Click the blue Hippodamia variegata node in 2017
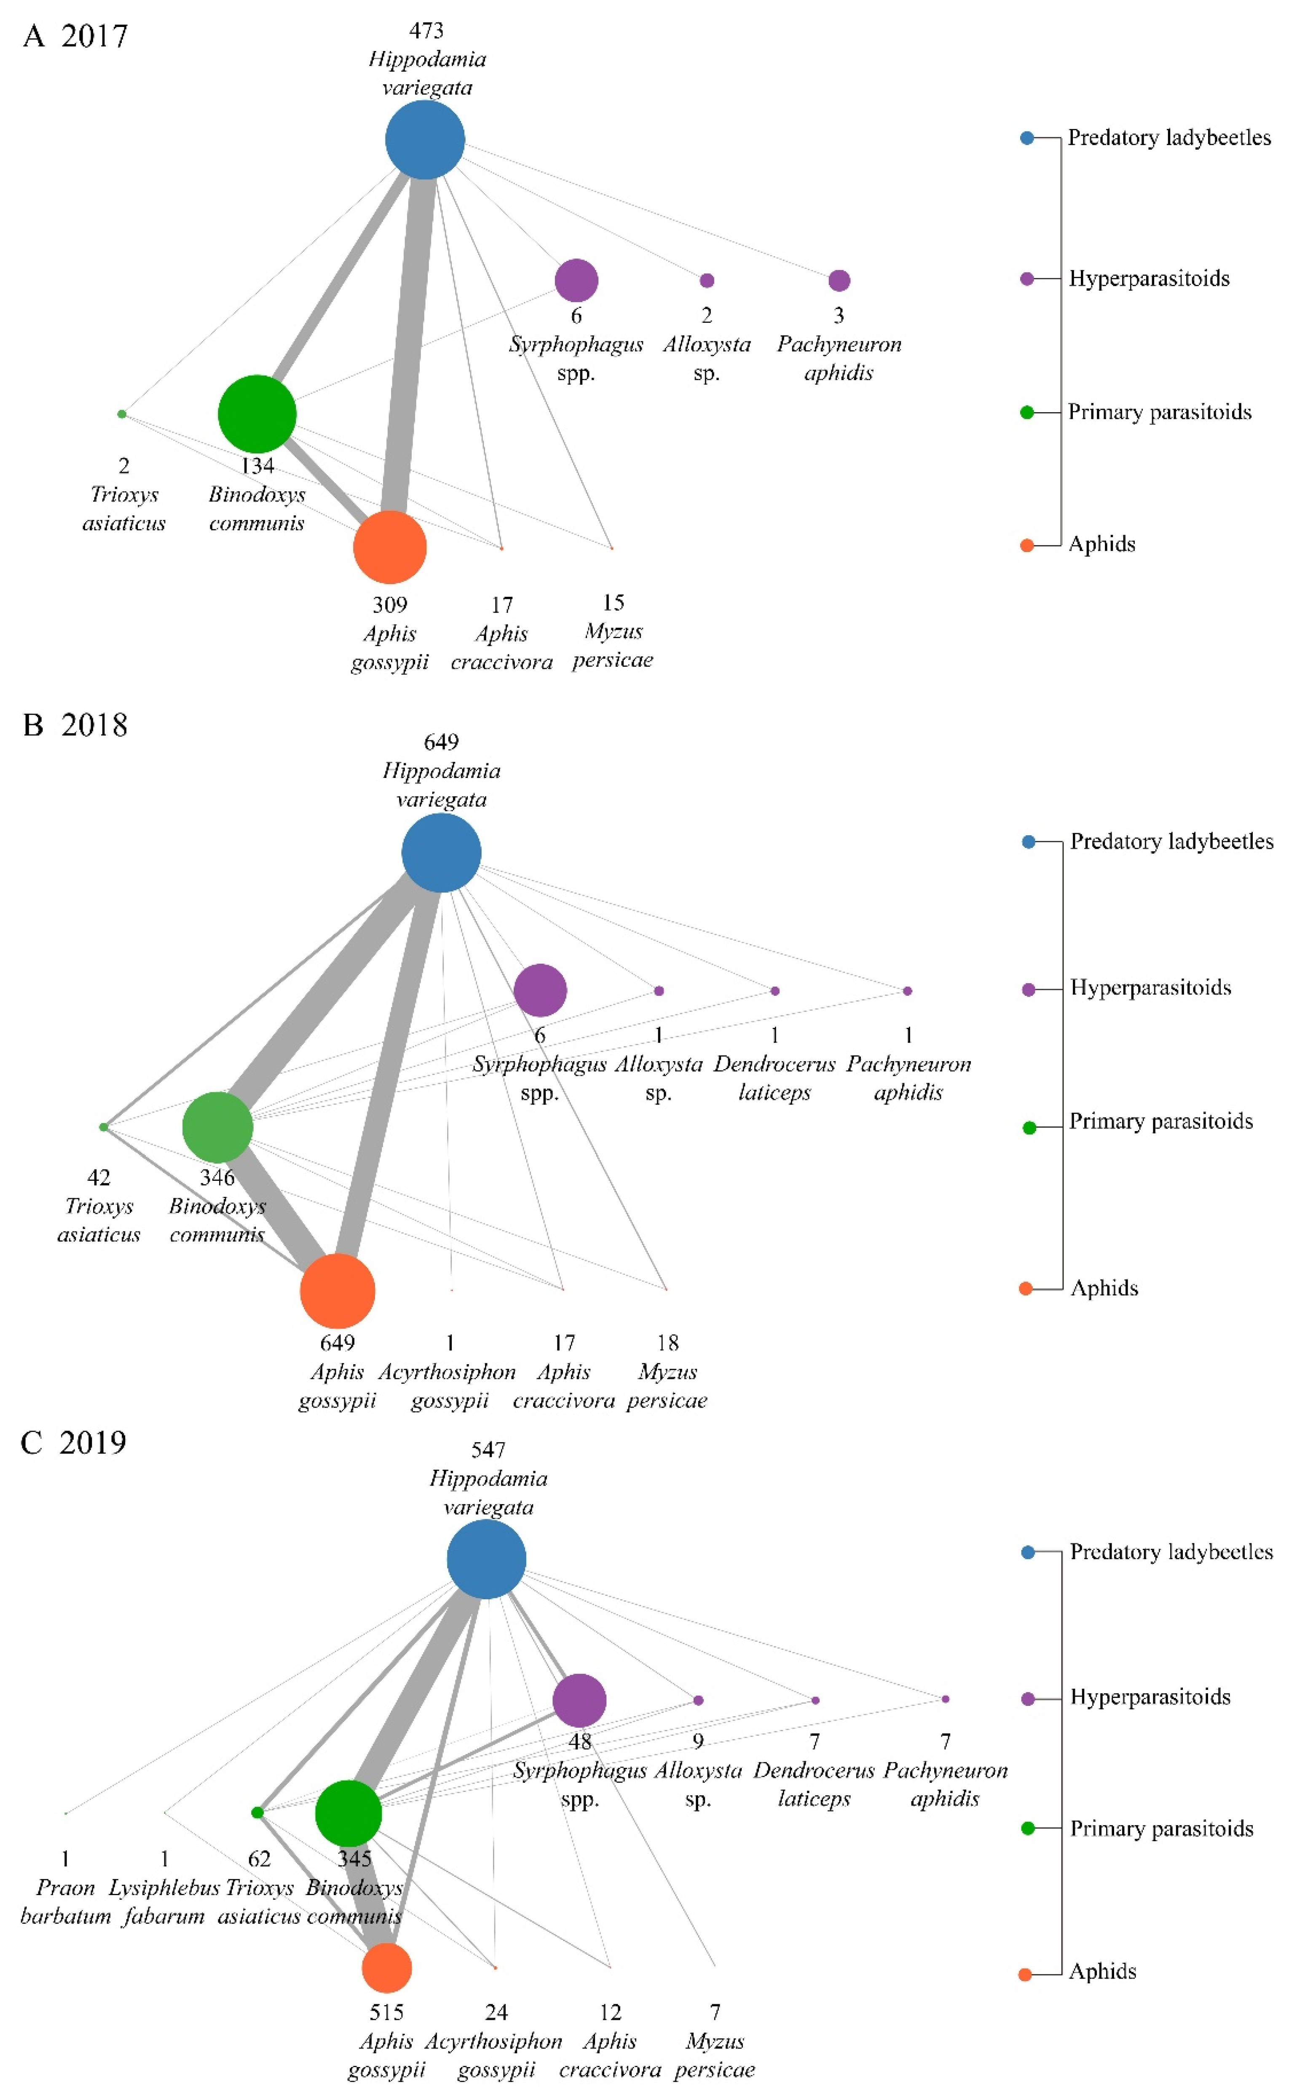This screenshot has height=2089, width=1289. tap(425, 140)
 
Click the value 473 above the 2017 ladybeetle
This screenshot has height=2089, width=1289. tap(426, 31)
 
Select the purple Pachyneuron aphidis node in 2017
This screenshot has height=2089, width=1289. tap(839, 280)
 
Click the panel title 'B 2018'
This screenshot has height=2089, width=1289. tap(75, 725)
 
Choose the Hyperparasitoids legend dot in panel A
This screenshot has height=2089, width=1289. tap(1027, 279)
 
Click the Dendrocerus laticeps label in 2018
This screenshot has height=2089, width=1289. tap(774, 1078)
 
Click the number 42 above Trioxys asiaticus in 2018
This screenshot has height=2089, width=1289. tap(99, 1177)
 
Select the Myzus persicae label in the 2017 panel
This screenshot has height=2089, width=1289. tap(613, 646)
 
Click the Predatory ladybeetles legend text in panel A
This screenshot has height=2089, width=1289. tap(1169, 137)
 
